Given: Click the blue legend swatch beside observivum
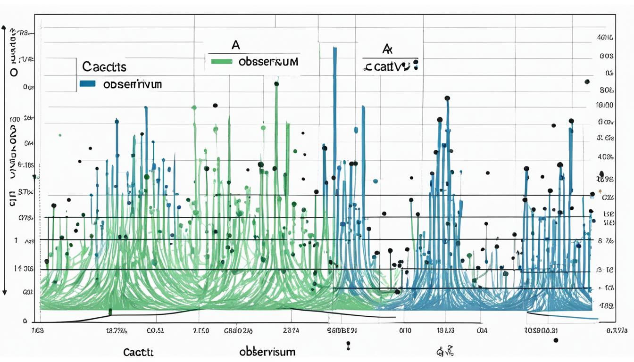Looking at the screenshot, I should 88,84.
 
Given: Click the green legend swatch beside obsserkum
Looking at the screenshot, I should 221,61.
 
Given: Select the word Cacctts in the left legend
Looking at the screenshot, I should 104,67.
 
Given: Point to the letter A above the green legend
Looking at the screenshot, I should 235,45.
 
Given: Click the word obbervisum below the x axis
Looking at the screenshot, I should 267,352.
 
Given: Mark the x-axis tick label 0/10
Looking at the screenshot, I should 406,330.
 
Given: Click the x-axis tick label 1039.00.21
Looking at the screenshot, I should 542,330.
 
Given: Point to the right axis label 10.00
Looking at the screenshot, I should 604,105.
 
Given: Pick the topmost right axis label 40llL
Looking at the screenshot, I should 605,37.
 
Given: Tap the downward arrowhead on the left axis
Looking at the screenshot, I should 5,293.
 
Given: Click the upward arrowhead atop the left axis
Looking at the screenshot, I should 5,28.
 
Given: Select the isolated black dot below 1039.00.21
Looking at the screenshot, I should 556,340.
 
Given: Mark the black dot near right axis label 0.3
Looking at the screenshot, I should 587,82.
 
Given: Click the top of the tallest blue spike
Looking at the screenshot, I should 334,48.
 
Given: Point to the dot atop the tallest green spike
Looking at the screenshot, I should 276,84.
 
